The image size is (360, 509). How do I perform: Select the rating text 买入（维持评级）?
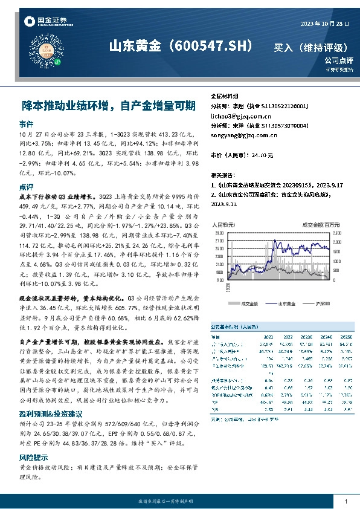point(310,48)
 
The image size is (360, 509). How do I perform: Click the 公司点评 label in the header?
point(338,60)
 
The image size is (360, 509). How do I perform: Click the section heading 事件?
point(26,123)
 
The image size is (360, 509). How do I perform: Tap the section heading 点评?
point(26,187)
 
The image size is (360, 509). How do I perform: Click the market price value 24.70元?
point(262,155)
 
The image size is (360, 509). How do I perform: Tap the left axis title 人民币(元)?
point(223,224)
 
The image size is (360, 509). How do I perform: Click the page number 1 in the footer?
point(345,501)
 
